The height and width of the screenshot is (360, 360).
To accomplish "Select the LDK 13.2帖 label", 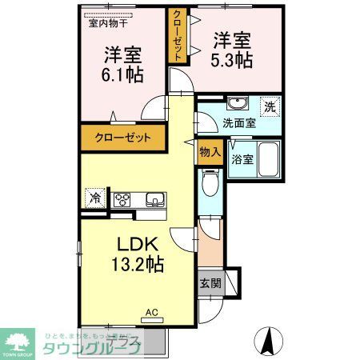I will tap(142, 254).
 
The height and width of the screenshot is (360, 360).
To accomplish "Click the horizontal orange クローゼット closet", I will tap(123, 138).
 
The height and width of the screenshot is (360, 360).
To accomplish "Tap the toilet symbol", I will tap(210, 185).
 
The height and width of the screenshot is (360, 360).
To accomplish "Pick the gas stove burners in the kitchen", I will tap(124, 199).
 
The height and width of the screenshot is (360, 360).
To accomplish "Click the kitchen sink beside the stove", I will tap(152, 199).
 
